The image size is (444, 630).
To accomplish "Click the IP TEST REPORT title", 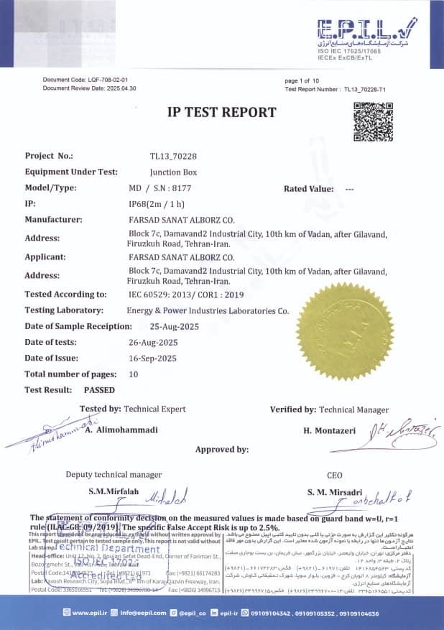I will click(221, 112).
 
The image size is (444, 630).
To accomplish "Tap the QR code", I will click(373, 121).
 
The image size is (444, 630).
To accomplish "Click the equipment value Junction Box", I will click(173, 172).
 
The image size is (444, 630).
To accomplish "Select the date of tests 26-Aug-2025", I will click(153, 342).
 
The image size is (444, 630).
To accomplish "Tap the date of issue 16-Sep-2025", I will click(152, 358).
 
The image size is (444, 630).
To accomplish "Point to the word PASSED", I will click(99, 390).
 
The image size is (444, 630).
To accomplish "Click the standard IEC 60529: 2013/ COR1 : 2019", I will click(186, 295).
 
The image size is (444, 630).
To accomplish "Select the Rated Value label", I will click(308, 189).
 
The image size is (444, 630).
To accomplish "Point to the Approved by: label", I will click(222, 450).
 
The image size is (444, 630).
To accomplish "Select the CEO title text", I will click(334, 475).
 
